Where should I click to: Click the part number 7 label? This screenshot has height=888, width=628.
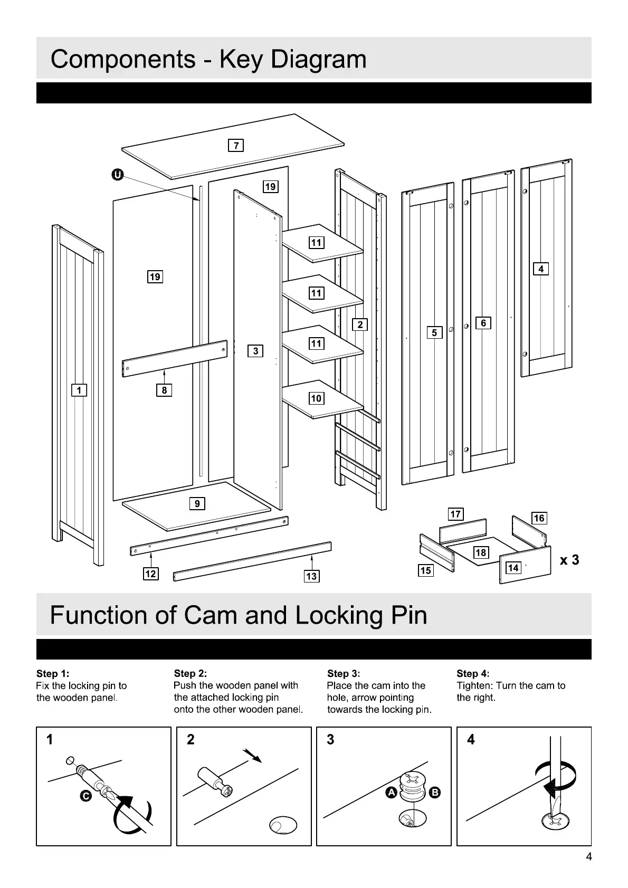click(x=235, y=145)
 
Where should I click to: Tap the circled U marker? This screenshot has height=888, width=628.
click(x=117, y=175)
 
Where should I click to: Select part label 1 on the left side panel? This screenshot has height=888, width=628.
click(x=79, y=390)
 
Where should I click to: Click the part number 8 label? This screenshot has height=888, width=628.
click(x=164, y=390)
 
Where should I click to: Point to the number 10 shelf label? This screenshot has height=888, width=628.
click(x=316, y=398)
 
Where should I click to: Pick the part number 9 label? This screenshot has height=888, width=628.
click(x=197, y=503)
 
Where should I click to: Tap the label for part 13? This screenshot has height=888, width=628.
click(x=311, y=576)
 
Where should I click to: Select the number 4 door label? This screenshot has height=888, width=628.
click(x=541, y=269)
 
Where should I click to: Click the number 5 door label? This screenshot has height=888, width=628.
click(x=434, y=332)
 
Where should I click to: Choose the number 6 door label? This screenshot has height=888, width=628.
click(x=483, y=322)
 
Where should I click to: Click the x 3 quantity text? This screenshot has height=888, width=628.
click(x=569, y=560)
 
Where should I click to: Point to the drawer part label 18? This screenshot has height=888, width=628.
click(x=481, y=552)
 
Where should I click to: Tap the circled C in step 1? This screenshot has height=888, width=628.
click(x=87, y=796)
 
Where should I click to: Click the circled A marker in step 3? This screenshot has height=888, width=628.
click(x=391, y=792)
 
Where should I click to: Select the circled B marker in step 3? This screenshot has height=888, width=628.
click(x=435, y=792)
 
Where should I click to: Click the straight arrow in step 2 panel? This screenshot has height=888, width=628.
click(x=253, y=756)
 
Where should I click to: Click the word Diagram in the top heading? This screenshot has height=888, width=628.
click(x=318, y=59)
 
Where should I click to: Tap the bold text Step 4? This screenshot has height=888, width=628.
click(x=473, y=674)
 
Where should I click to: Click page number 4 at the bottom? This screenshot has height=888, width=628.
click(x=588, y=856)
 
